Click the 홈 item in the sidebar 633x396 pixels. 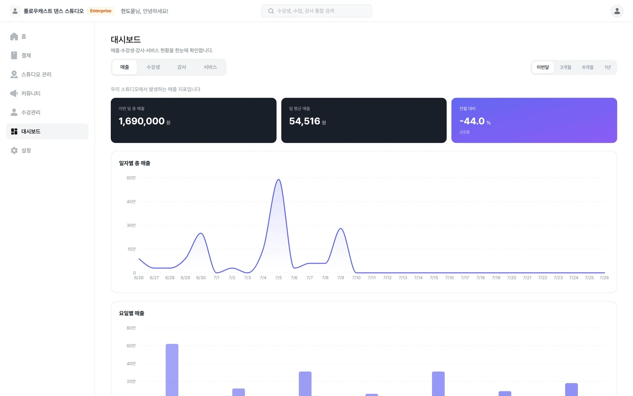click(18, 36)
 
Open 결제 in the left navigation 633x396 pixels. click(20, 55)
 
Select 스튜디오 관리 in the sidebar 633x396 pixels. click(30, 74)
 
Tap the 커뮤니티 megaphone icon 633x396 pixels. click(14, 93)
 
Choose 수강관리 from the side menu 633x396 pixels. click(25, 112)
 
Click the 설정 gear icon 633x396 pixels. click(14, 150)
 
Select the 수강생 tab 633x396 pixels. click(153, 67)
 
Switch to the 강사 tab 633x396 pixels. click(182, 67)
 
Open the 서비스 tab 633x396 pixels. click(210, 67)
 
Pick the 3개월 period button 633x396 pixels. click(565, 67)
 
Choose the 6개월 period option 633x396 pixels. click(588, 67)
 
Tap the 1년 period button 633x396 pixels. click(608, 67)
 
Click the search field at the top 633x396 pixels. click(316, 11)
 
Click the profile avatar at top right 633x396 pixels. click(617, 11)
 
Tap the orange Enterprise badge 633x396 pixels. click(100, 11)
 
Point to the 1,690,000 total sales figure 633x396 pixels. click(142, 121)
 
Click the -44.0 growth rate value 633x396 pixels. click(472, 121)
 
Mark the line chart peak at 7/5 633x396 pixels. click(279, 179)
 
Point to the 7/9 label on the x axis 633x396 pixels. click(341, 278)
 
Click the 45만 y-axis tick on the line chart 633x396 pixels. click(131, 202)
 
